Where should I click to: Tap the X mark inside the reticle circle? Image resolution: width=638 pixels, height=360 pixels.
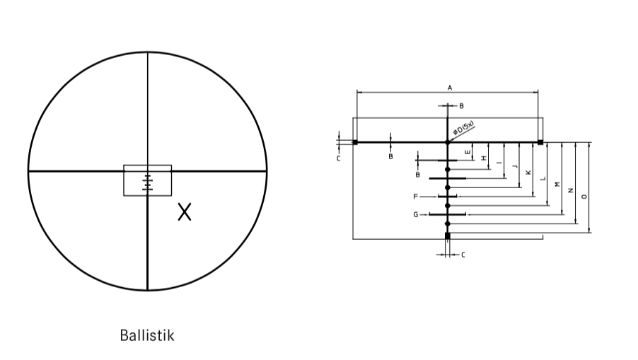[x=184, y=211]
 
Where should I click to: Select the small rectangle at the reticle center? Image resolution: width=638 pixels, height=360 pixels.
[x=147, y=180]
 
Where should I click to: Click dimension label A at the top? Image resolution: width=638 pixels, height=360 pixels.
[x=449, y=87]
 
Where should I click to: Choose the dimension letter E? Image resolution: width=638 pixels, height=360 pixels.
[x=468, y=152]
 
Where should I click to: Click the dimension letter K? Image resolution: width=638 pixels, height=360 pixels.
[x=528, y=172]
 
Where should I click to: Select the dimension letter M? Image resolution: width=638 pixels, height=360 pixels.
[x=557, y=184]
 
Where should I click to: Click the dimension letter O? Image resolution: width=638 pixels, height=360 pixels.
[x=584, y=197]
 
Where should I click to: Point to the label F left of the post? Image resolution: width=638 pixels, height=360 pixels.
[x=416, y=196]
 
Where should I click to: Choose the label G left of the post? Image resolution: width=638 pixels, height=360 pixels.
[x=416, y=214]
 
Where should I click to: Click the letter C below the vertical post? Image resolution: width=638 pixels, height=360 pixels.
[x=463, y=255]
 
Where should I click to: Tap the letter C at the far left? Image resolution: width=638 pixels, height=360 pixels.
[x=338, y=158]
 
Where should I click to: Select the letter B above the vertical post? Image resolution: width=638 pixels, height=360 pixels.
[x=461, y=105]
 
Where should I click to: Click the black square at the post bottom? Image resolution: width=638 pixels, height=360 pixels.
[x=447, y=236]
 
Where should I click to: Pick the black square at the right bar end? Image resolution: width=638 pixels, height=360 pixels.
[x=540, y=142]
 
